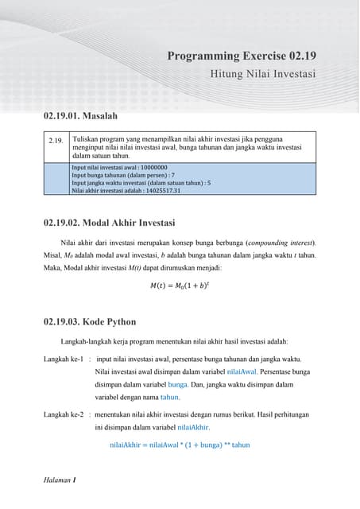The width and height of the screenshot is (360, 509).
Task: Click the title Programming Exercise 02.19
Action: [x=242, y=56]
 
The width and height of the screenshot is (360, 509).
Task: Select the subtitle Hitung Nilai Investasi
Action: [x=263, y=75]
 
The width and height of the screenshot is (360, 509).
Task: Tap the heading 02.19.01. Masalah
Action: [x=85, y=117]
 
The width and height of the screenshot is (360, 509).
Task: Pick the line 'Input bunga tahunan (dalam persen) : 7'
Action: [x=122, y=175]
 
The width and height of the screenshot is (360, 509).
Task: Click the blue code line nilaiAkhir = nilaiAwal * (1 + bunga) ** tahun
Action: [x=180, y=445]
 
